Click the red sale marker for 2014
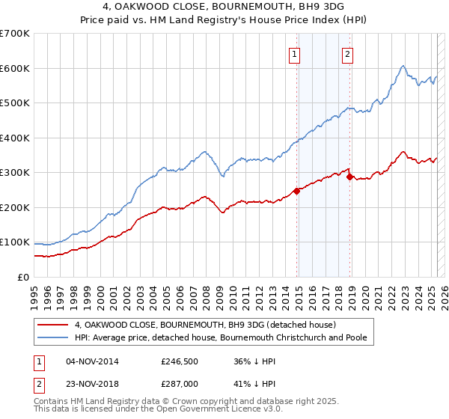297,191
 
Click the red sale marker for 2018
350,177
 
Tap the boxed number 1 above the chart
294,54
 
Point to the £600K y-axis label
15,68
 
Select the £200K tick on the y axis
15,207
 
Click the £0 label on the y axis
23,277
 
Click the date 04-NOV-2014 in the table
92,361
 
